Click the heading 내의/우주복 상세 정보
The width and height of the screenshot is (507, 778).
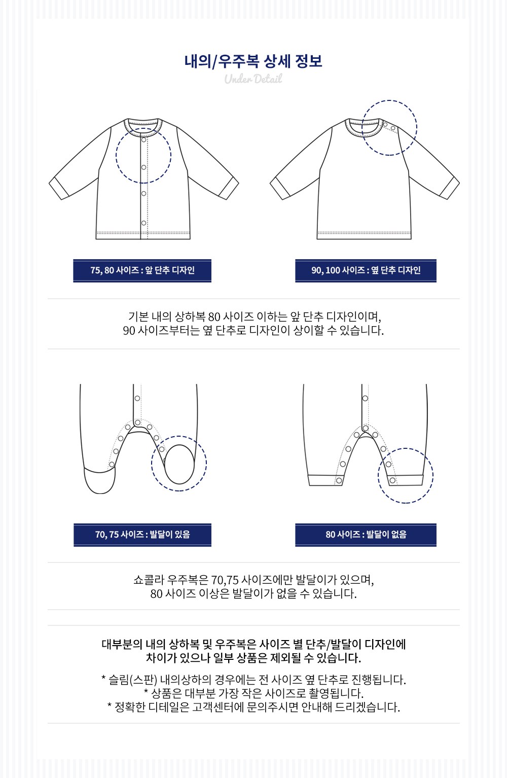(x=253, y=61)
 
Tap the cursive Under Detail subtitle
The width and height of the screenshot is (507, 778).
(x=253, y=79)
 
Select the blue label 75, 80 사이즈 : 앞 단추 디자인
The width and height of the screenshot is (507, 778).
(x=142, y=270)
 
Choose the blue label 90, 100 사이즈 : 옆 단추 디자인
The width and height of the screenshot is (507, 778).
(x=366, y=270)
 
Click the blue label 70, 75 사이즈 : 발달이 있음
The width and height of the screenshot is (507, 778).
(x=142, y=535)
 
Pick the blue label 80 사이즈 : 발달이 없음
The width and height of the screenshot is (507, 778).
(x=366, y=535)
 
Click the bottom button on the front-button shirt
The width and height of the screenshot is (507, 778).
(x=143, y=223)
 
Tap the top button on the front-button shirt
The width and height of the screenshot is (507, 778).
(x=143, y=139)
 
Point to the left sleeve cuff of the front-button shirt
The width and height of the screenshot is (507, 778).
(x=59, y=188)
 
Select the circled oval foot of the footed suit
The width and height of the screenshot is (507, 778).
(x=179, y=464)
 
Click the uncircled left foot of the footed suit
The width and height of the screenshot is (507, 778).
(x=100, y=480)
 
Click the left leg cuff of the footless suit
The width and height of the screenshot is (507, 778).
(x=325, y=480)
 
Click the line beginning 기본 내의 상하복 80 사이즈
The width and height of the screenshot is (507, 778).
(x=255, y=316)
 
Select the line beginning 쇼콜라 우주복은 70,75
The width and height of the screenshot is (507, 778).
(x=253, y=580)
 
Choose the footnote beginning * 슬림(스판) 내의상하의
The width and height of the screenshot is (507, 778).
(x=253, y=680)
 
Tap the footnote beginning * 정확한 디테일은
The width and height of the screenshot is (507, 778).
(x=253, y=707)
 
